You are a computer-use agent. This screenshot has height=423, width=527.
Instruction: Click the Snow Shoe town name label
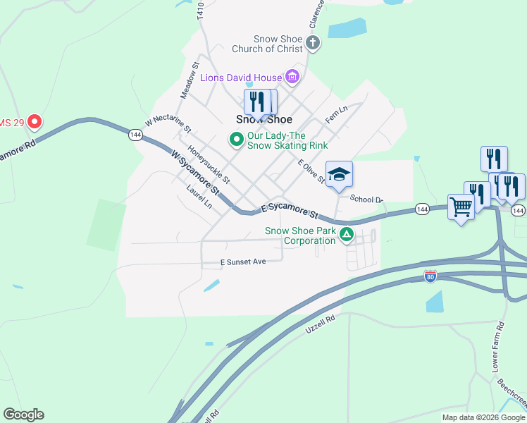click(264, 119)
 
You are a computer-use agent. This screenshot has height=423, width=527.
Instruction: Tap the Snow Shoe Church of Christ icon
click(313, 44)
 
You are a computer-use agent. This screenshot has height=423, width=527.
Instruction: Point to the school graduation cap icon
click(339, 174)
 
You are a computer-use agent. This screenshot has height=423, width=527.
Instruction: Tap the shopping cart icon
click(461, 207)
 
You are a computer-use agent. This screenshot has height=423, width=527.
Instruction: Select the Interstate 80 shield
click(430, 276)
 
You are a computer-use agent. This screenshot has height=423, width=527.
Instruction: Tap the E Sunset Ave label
click(244, 262)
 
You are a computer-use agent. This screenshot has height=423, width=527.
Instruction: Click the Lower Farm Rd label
click(498, 348)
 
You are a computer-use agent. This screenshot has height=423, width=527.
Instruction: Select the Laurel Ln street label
click(199, 197)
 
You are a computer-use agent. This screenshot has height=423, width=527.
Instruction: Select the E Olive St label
click(311, 171)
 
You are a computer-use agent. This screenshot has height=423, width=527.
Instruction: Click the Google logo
click(23, 415)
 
